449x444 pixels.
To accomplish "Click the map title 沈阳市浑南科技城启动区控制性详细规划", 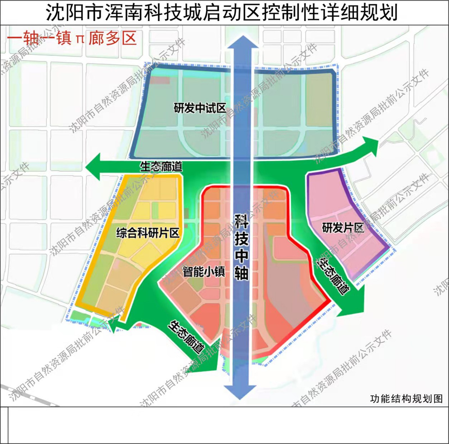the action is click(222, 13).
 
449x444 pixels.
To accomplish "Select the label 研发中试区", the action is click(200, 108).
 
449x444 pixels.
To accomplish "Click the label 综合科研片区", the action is click(148, 233).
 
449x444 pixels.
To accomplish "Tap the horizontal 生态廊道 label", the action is click(161, 167).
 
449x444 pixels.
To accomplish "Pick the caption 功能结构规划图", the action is click(406, 399).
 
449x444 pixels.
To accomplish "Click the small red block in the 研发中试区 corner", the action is click(160, 80).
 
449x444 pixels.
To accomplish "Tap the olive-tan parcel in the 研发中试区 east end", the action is click(318, 100).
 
